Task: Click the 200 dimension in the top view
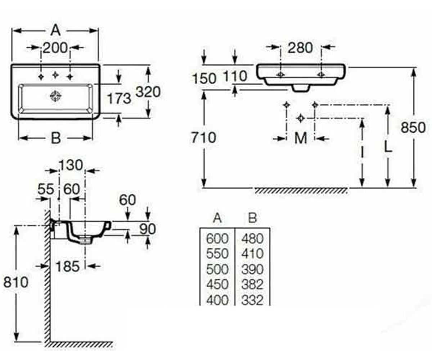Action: click(55, 48)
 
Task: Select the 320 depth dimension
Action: click(148, 92)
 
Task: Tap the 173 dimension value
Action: click(119, 98)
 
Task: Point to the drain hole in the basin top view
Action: click(56, 96)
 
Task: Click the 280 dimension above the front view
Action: click(300, 48)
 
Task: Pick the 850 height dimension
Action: click(413, 127)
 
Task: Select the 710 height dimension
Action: click(203, 138)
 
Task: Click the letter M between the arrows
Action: click(301, 138)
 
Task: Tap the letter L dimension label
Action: click(388, 148)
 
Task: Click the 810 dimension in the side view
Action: click(16, 282)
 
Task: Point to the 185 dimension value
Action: click(68, 266)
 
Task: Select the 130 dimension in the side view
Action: click(71, 166)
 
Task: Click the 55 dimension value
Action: click(46, 189)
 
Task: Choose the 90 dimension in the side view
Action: click(147, 229)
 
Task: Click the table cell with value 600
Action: click(217, 239)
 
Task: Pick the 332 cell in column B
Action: click(252, 300)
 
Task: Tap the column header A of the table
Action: click(217, 218)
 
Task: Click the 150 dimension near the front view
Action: click(204, 79)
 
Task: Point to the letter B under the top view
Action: click(56, 138)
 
